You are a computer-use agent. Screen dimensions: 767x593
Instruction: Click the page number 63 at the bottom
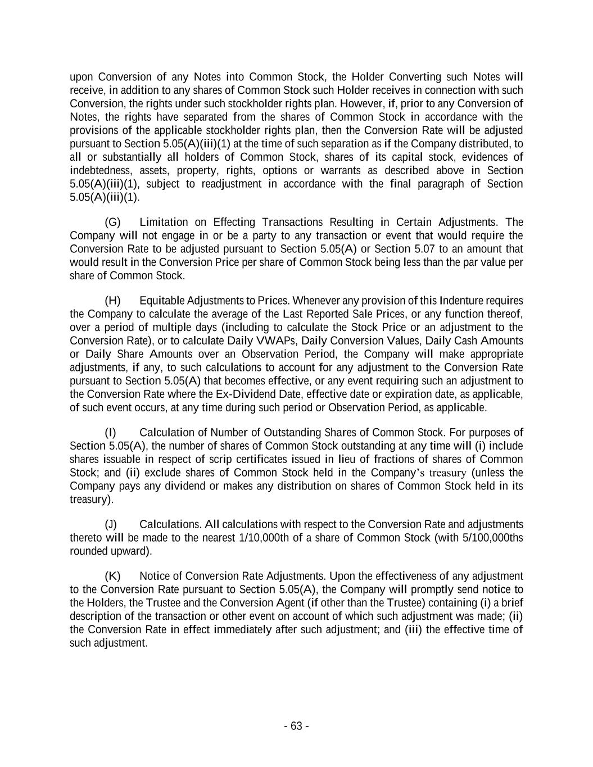click(296, 726)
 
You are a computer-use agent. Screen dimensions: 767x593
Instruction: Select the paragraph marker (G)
click(112, 222)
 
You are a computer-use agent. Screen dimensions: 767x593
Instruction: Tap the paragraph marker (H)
click(112, 301)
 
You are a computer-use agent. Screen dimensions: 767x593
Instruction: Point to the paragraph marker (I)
click(111, 432)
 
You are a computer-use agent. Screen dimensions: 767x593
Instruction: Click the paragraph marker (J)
click(111, 524)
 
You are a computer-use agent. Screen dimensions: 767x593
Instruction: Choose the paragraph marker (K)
click(112, 576)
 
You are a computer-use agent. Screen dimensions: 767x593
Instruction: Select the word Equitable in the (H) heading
click(161, 301)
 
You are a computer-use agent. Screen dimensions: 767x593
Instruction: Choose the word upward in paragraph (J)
click(133, 551)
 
